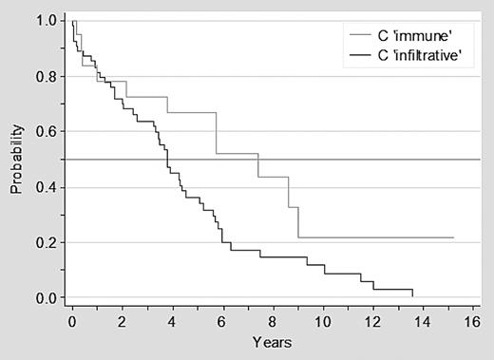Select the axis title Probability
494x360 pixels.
coord(17,160)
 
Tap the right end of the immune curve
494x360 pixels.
coord(454,237)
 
